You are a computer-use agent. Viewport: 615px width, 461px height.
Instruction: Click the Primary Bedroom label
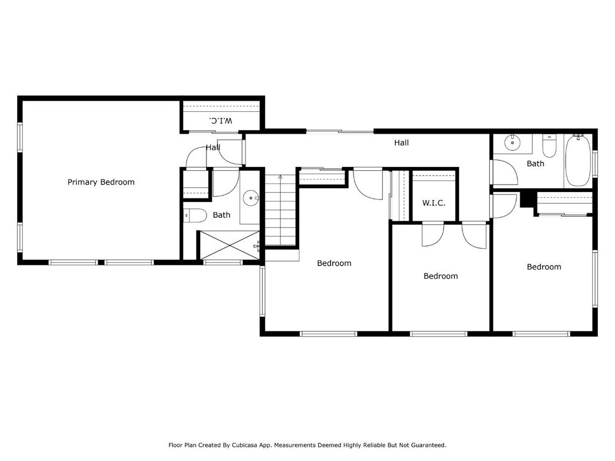[x=101, y=182]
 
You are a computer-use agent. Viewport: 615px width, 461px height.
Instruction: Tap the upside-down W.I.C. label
[x=221, y=120]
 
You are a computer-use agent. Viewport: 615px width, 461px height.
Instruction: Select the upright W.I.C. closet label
[x=434, y=203]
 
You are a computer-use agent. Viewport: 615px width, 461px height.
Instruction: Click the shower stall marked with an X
[x=228, y=245]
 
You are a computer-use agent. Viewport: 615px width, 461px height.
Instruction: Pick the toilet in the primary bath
[x=195, y=216]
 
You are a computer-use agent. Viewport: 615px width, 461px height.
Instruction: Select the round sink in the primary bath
[x=251, y=199]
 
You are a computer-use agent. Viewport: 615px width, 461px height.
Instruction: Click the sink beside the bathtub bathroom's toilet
[x=512, y=142]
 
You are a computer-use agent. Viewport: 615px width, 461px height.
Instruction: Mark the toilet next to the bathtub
[x=550, y=147]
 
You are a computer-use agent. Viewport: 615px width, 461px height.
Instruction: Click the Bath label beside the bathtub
[x=535, y=164]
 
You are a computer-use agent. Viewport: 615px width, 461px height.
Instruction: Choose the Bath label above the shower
[x=221, y=215]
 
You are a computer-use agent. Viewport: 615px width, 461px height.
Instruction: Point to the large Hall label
[x=401, y=143]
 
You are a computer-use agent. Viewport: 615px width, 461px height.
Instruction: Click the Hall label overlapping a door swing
[x=213, y=148]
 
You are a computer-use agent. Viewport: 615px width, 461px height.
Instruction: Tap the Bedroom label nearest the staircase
[x=334, y=263]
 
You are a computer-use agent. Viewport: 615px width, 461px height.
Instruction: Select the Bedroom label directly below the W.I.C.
[x=441, y=276]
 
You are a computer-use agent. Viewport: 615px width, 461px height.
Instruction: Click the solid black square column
[x=526, y=199]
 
